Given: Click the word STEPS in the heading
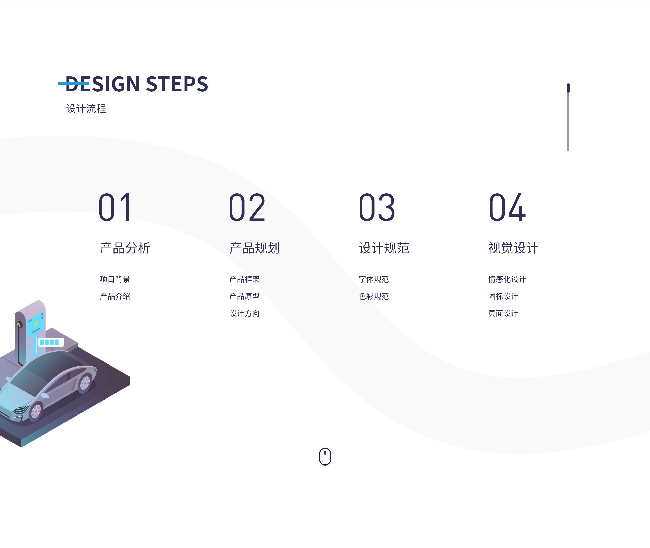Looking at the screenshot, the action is coord(177,84).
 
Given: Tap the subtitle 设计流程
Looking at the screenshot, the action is coord(86,108).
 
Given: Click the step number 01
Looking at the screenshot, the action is coord(115,207).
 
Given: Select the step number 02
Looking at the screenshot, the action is coord(247,207).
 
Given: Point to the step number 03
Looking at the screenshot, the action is coord(377,207).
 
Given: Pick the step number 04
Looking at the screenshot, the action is coord(507,207).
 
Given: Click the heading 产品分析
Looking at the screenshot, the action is coord(125,248).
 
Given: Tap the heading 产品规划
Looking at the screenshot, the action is coord(254,248).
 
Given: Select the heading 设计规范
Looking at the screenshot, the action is coord(384,248).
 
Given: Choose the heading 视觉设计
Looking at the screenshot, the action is coord(513,248).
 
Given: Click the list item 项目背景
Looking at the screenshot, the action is coord(115,279).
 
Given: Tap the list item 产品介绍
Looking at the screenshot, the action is coord(115,296).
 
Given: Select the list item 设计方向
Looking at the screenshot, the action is coord(245,313).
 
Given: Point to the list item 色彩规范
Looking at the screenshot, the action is coord(374,296).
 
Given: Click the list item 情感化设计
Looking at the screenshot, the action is coord(507,279).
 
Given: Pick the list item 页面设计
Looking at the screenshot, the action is coord(503,313).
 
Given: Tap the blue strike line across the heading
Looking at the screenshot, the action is coord(74,84).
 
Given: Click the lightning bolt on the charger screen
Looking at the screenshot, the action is coord(36,323).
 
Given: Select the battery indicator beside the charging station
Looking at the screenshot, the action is coord(51,342).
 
